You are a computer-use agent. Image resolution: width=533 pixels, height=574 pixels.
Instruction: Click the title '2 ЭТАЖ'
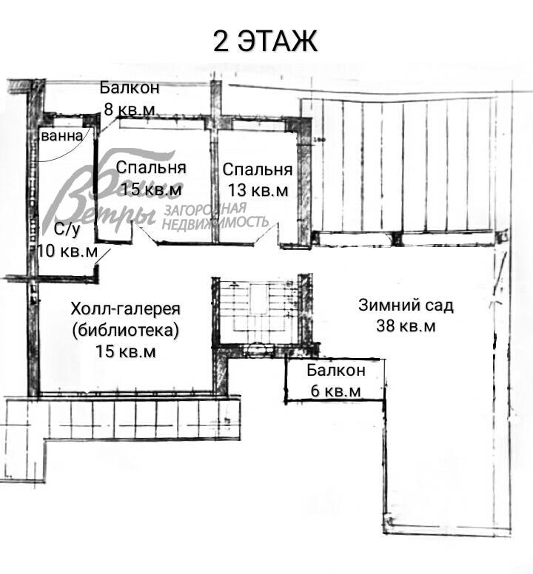[x=266, y=41]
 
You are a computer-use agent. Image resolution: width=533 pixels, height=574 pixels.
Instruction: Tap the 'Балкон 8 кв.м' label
[x=130, y=98]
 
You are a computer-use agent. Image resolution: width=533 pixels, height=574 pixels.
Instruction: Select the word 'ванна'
[x=61, y=137]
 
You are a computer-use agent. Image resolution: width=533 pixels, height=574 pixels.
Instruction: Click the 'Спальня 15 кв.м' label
[x=150, y=178]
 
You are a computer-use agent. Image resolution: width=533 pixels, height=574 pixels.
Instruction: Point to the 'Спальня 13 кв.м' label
[x=257, y=180]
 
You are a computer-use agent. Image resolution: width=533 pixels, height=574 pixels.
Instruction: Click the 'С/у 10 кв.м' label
[x=67, y=240]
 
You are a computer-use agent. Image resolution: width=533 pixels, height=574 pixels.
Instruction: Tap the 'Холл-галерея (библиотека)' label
[x=126, y=319]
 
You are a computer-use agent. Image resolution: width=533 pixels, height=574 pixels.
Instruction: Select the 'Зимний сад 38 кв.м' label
[x=406, y=315]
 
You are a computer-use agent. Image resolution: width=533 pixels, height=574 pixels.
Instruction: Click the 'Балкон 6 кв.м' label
[x=335, y=380]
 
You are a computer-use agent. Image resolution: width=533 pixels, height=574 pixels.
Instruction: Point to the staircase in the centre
[x=256, y=311]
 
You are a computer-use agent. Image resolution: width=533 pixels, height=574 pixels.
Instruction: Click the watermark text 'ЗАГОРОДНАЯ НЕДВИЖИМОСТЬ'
[x=215, y=215]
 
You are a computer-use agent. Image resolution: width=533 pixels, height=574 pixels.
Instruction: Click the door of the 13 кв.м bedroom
[x=264, y=235]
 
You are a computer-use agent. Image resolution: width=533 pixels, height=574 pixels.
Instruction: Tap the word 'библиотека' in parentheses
[x=126, y=330]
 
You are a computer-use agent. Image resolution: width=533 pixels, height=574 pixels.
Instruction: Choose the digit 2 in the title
[x=221, y=41]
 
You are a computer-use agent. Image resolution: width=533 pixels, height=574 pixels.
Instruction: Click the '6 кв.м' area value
[x=335, y=391]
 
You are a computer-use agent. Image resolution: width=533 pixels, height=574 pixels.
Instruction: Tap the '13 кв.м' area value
[x=257, y=190]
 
